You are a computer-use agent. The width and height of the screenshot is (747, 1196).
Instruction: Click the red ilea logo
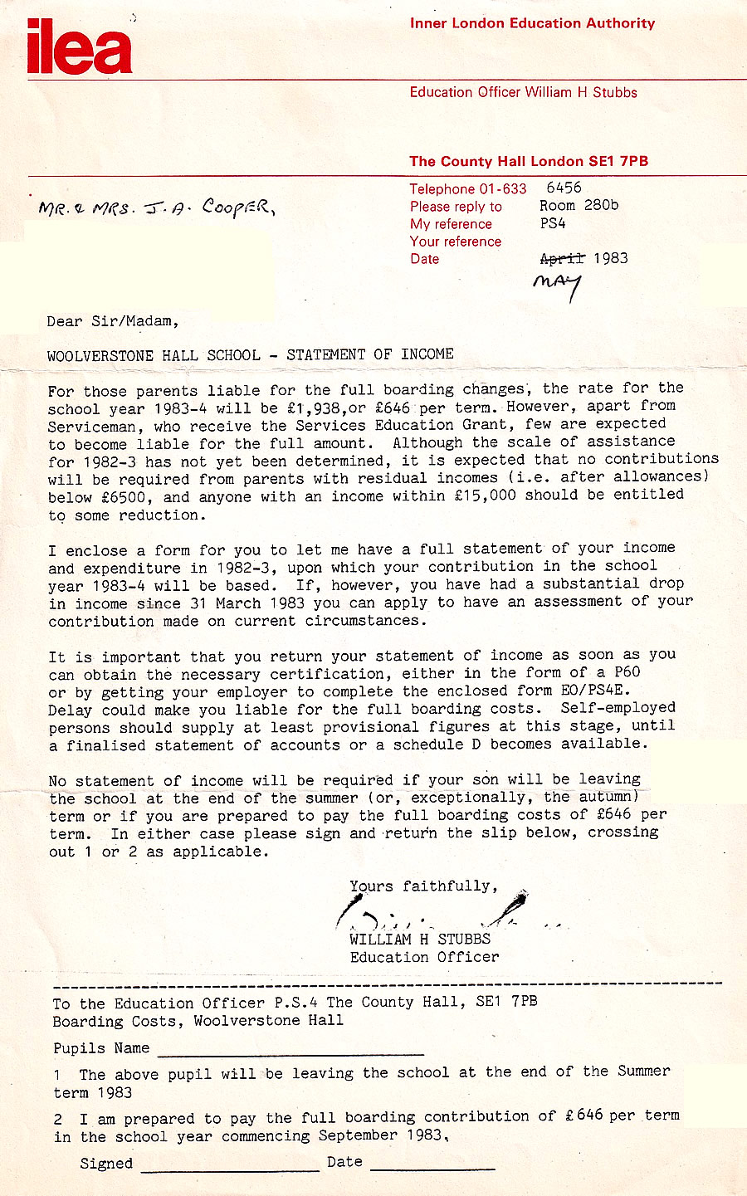[x=80, y=49]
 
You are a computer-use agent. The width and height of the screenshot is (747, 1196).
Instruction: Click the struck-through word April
[x=562, y=258]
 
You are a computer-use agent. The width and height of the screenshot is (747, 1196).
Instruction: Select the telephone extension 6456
[x=564, y=188]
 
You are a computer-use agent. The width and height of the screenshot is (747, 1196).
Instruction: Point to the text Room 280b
[x=579, y=205]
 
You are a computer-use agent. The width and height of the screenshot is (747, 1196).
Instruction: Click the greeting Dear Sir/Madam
[x=113, y=321]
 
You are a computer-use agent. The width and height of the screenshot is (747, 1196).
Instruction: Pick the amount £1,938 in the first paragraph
[x=315, y=407]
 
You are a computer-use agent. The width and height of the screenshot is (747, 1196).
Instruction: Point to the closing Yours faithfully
[x=423, y=886]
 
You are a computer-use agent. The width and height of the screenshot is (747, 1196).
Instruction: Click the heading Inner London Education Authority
[x=532, y=23]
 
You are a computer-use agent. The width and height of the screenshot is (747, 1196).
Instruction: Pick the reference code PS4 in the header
[x=553, y=223]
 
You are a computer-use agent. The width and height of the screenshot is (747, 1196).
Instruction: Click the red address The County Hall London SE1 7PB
[x=529, y=161]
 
